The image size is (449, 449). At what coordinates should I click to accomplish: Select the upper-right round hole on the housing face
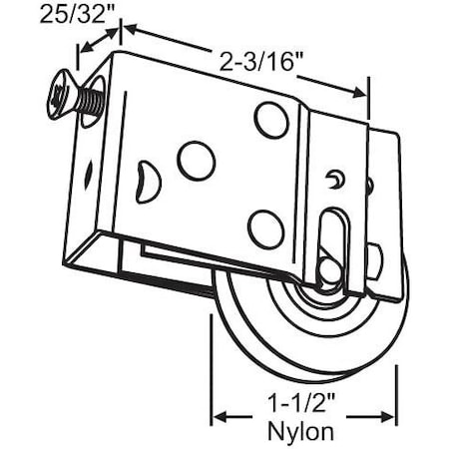click(270, 120)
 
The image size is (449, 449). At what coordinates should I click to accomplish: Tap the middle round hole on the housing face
click(196, 160)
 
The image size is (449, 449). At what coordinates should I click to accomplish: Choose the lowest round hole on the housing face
click(264, 226)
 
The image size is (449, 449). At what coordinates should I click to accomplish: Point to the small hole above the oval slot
click(336, 178)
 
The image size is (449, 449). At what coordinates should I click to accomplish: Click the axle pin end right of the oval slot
click(373, 261)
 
